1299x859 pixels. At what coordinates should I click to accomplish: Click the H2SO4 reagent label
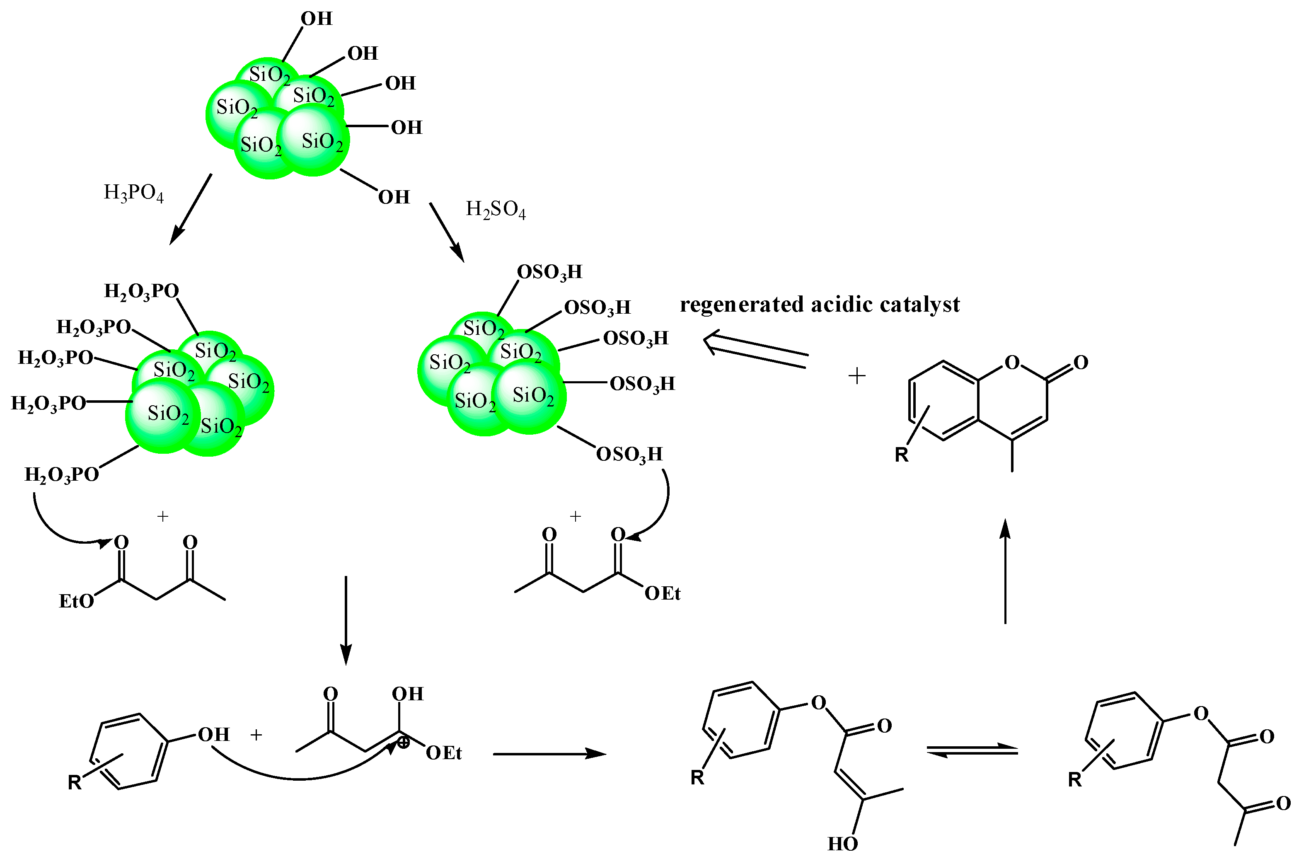coord(495,210)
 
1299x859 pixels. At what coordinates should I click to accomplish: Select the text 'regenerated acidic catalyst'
coord(819,305)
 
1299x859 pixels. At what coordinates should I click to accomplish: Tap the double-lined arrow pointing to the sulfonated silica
coord(756,351)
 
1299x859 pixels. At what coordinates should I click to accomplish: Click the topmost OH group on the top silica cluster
coord(316,19)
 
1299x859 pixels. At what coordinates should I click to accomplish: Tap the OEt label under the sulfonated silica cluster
coord(662,593)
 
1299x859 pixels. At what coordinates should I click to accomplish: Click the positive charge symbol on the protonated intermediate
coord(403,743)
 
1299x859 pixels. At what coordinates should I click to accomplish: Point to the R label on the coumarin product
coord(901,455)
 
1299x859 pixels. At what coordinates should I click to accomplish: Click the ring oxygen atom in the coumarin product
coord(1012,362)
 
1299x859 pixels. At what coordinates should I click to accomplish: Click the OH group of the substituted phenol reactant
coord(213,735)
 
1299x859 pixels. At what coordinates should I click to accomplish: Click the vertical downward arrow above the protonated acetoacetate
coord(346,619)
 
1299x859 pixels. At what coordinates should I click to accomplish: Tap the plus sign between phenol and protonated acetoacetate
coord(256,735)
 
